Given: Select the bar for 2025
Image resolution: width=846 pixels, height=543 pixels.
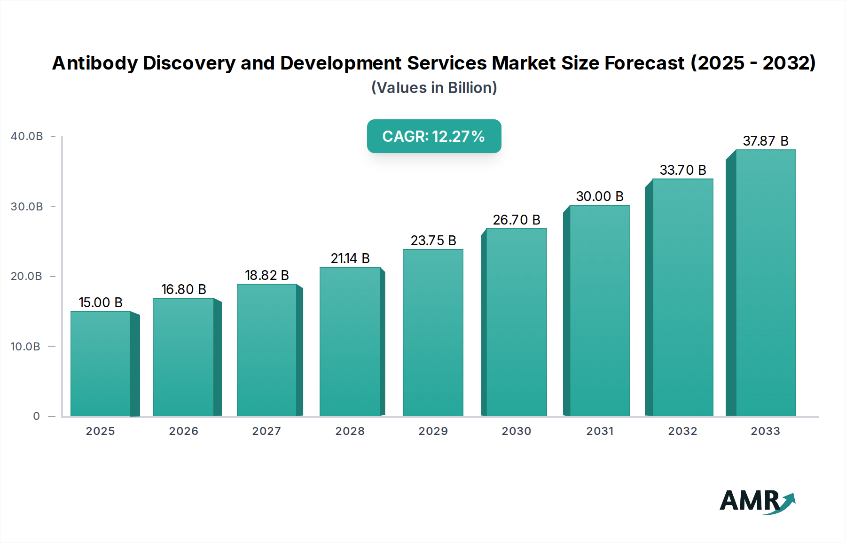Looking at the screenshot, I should pyautogui.click(x=101, y=364).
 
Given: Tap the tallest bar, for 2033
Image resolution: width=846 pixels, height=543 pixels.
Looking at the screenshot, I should pyautogui.click(x=766, y=283).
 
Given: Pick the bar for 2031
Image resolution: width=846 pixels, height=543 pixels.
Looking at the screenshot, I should pyautogui.click(x=599, y=310).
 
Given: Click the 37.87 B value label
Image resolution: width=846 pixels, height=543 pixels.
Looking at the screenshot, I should pyautogui.click(x=765, y=141).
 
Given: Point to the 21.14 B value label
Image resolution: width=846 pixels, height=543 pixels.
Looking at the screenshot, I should pyautogui.click(x=350, y=258).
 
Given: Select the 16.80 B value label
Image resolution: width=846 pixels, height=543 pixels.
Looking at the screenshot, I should pyautogui.click(x=184, y=289).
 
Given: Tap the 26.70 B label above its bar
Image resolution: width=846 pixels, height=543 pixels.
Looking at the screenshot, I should pyautogui.click(x=516, y=220).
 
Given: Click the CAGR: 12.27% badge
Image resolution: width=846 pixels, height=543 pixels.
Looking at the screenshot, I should pyautogui.click(x=434, y=136).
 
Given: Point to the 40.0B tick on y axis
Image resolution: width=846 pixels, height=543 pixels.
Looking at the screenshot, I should pyautogui.click(x=27, y=136).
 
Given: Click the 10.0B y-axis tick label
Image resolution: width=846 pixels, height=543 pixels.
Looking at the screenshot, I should pyautogui.click(x=25, y=347).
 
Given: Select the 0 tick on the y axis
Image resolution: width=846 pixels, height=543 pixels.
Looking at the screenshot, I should pyautogui.click(x=36, y=416).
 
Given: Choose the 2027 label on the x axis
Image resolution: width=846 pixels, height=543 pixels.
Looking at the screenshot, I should pyautogui.click(x=266, y=431).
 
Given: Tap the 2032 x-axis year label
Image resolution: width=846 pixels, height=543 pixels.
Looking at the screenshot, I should pyautogui.click(x=682, y=431).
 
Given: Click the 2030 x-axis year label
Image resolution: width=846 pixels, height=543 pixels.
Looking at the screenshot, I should pyautogui.click(x=516, y=431).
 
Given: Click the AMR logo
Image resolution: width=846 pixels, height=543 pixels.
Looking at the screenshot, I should pyautogui.click(x=757, y=501).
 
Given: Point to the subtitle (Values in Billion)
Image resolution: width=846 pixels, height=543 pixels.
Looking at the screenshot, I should pyautogui.click(x=434, y=88).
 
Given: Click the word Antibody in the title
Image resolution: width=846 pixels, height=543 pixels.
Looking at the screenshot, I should pyautogui.click(x=95, y=63).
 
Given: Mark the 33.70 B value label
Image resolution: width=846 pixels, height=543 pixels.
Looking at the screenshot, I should pyautogui.click(x=682, y=170).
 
